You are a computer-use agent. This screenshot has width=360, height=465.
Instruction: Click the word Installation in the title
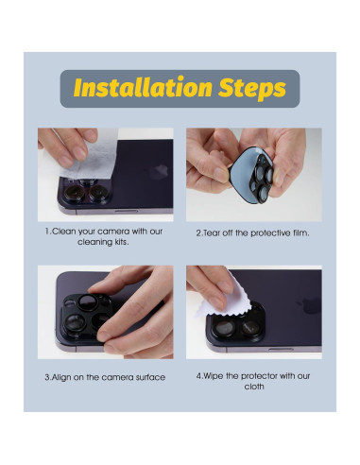click(143, 87)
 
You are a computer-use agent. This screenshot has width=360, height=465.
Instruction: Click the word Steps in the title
click(252, 88)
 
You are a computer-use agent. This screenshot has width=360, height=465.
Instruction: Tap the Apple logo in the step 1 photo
click(158, 172)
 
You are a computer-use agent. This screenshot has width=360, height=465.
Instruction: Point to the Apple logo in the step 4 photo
click(309, 305)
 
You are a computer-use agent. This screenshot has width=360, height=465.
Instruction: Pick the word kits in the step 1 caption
click(121, 242)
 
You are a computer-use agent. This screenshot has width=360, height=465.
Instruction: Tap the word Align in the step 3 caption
click(61, 377)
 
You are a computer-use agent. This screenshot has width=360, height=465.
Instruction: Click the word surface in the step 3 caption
click(150, 377)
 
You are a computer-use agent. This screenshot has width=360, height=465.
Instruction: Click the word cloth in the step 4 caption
click(254, 387)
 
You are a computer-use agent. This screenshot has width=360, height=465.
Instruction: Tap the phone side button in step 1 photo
click(126, 211)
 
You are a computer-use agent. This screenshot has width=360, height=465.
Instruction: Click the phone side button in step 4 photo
click(281, 349)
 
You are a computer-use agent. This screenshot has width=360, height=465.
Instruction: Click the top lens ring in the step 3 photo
click(87, 302)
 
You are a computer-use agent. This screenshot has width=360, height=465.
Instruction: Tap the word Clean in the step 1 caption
click(63, 232)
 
